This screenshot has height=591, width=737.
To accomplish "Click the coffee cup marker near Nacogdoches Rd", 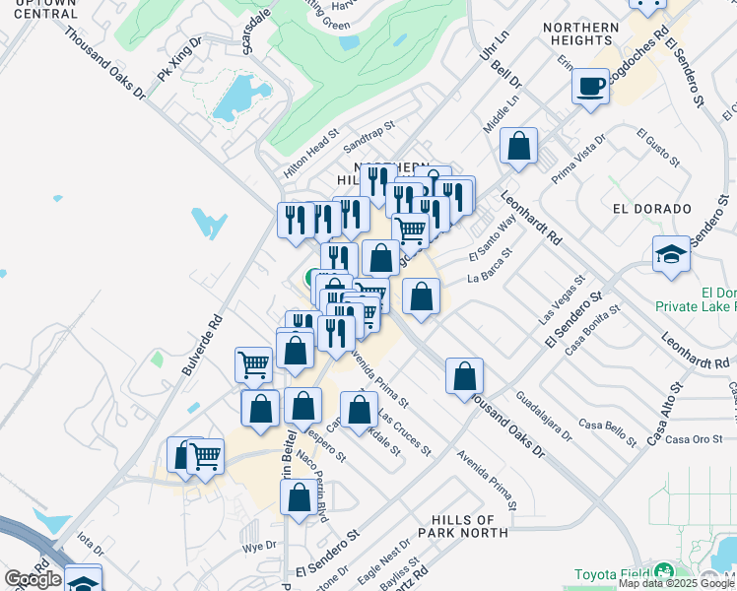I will click(x=591, y=87).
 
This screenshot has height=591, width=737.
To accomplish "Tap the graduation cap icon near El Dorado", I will click(x=671, y=255).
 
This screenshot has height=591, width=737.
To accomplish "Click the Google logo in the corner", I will click(x=33, y=579).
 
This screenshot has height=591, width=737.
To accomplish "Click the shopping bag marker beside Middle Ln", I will click(x=518, y=148).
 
